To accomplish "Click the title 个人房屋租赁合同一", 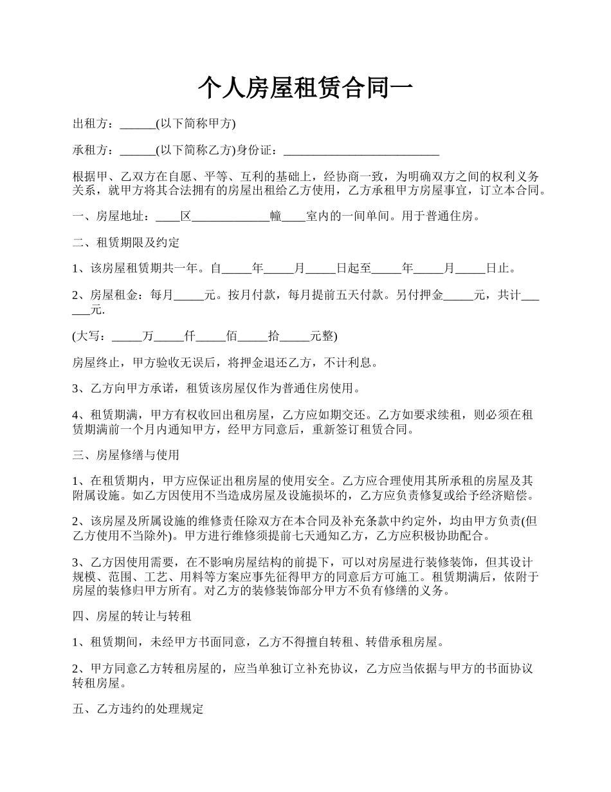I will point(305,88).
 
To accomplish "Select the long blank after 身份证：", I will point(361,151).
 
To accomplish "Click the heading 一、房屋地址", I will point(113,216).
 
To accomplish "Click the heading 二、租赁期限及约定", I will point(126,243).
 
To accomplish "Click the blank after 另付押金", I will point(458,296).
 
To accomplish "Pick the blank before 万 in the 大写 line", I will point(125,337).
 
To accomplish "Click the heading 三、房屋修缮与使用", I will point(126,455).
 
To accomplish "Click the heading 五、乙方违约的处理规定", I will point(138,710).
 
